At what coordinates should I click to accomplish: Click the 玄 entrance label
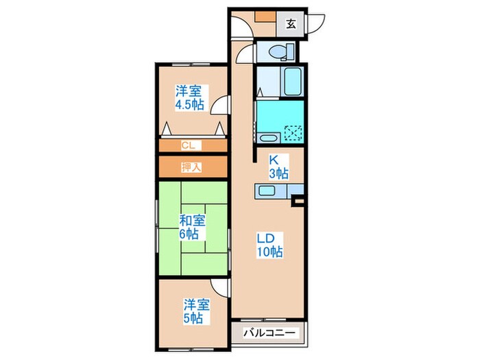coord(291,24)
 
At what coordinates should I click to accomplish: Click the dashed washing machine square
coord(293,132)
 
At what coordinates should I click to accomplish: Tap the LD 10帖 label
coord(268,245)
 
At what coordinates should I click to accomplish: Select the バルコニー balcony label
coord(272,333)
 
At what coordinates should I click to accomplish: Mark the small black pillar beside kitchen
coord(297,202)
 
